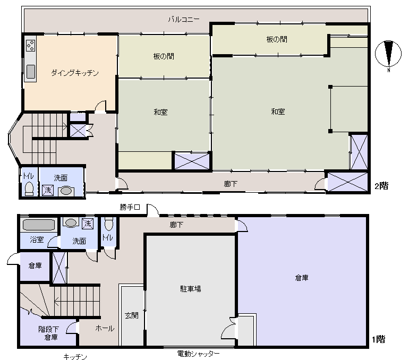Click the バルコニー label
coord(184,19)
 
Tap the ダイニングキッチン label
coord(75,73)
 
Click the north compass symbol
coord(389,56)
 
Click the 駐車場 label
coord(190,289)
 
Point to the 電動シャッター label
coord(198,354)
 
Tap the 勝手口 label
coord(130,207)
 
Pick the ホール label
coord(105,328)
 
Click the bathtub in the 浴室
coord(39,225)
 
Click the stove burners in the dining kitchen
coord(30,47)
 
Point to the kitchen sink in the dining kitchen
coord(30,71)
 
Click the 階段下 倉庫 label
coord(48,333)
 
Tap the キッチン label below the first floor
coord(75,357)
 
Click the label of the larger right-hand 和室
coord(278,112)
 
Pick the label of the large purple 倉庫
coord(301,277)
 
